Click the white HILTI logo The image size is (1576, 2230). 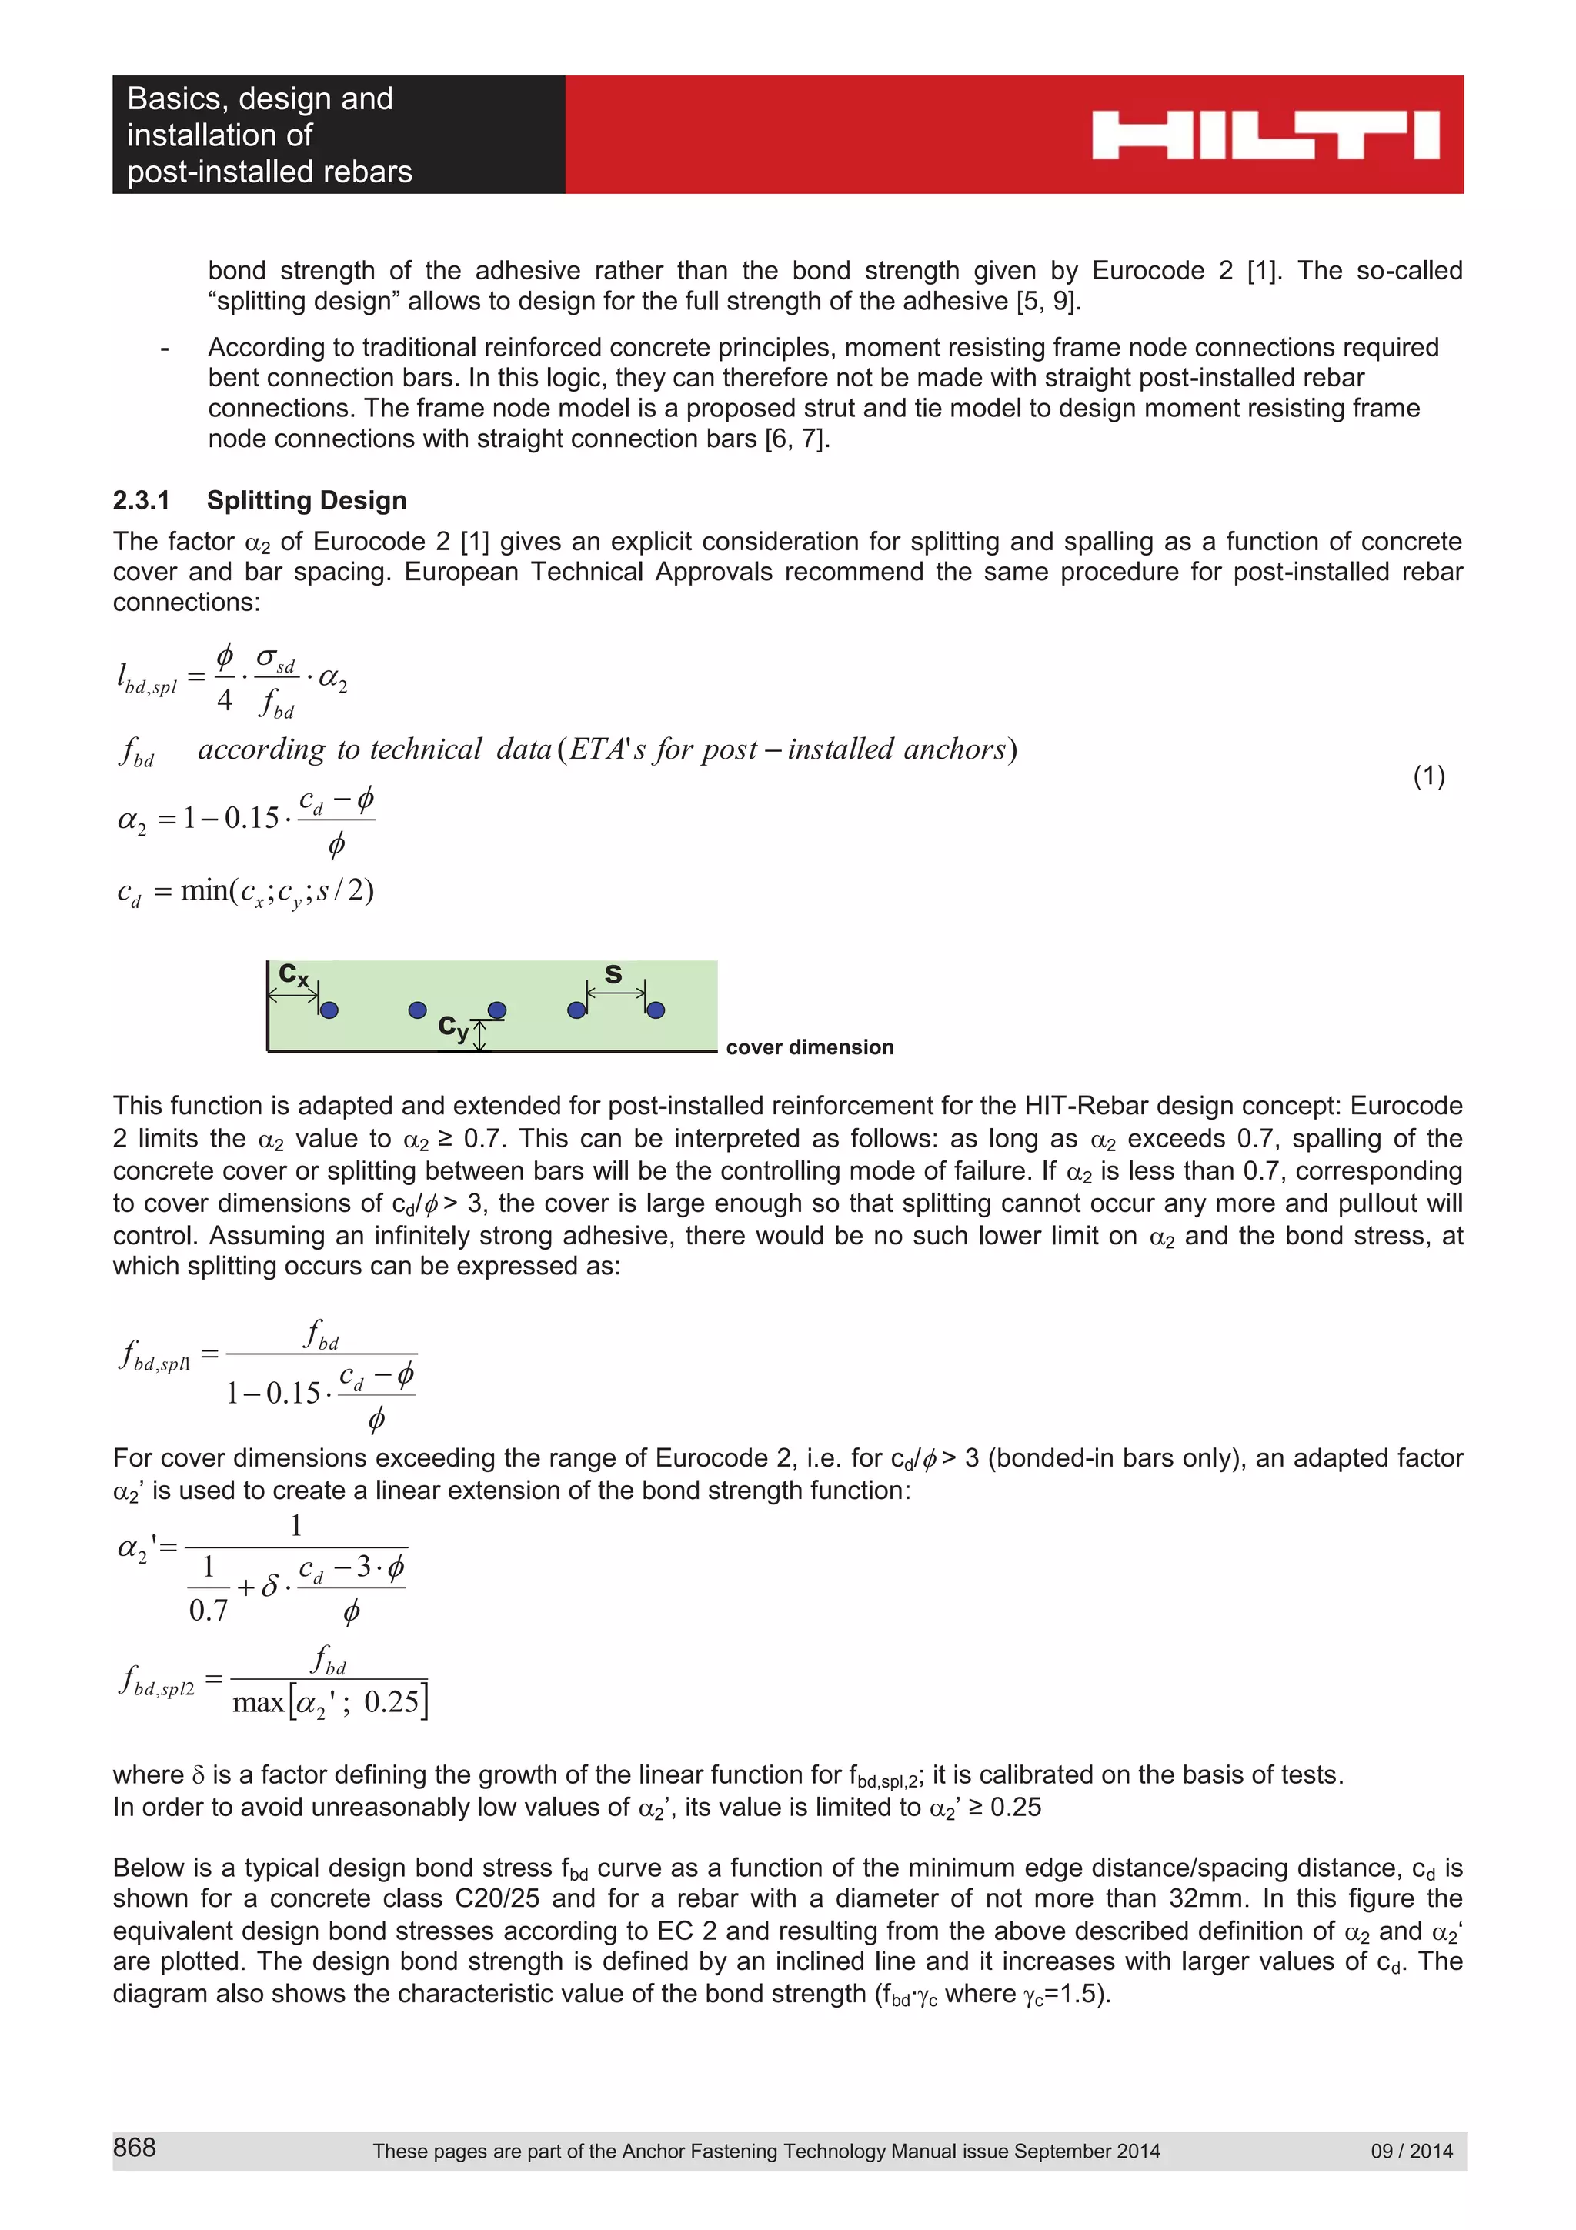[1264, 135]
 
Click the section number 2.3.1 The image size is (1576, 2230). [141, 500]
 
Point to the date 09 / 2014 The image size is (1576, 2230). [1411, 2150]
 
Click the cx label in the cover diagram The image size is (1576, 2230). [292, 974]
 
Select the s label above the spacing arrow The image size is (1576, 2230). [613, 973]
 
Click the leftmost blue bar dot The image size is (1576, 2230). [329, 1010]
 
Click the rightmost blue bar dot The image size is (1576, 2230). [656, 1010]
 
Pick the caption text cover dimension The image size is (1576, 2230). [809, 1047]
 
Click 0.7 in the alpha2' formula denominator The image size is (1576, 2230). [208, 1611]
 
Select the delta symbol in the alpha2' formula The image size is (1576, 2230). [271, 1587]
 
